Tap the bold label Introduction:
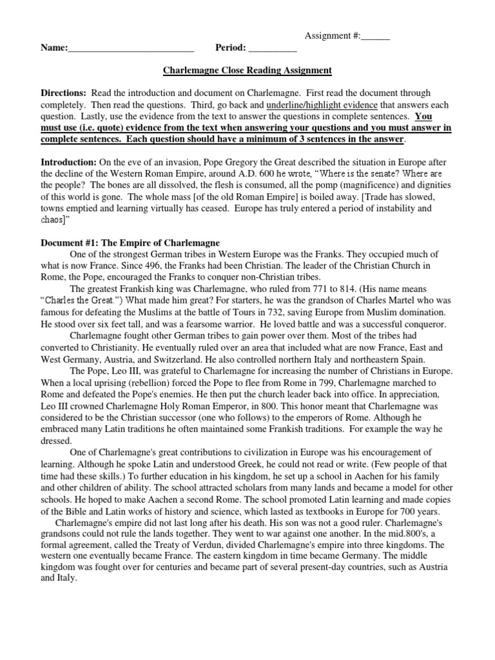tap(68, 161)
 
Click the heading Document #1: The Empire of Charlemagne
tap(130, 242)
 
